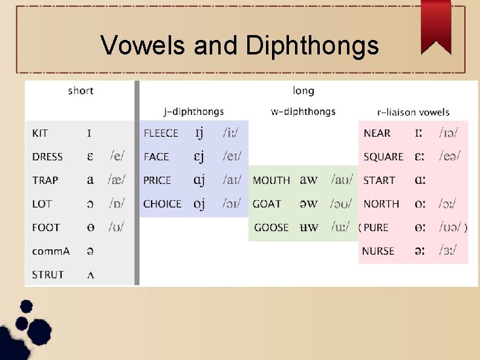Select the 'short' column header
(80, 91)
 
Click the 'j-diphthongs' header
(193, 111)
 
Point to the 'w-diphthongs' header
(303, 111)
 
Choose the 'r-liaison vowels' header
(413, 112)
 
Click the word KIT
(41, 133)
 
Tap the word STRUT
(48, 275)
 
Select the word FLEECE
(161, 133)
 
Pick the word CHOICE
(162, 204)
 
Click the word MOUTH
(271, 180)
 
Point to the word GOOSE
(271, 227)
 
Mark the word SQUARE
(383, 157)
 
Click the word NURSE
(378, 251)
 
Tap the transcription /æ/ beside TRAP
(117, 180)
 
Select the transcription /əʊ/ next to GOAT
(342, 204)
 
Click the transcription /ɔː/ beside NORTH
(447, 204)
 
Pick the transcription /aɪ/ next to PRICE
(232, 180)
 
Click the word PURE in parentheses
(376, 227)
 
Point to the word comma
(51, 251)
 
